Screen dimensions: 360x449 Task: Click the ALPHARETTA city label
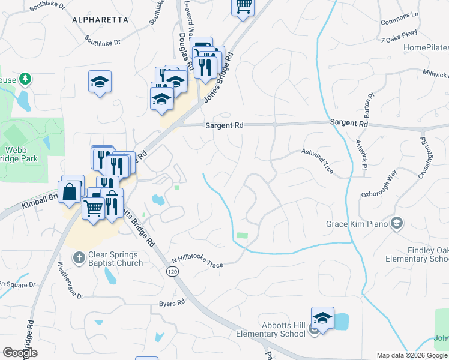point(100,20)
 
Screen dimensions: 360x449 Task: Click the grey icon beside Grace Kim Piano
point(396,224)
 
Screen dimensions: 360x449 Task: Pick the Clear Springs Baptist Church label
point(115,259)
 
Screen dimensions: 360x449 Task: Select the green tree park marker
point(25,79)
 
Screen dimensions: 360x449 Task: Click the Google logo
point(20,353)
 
